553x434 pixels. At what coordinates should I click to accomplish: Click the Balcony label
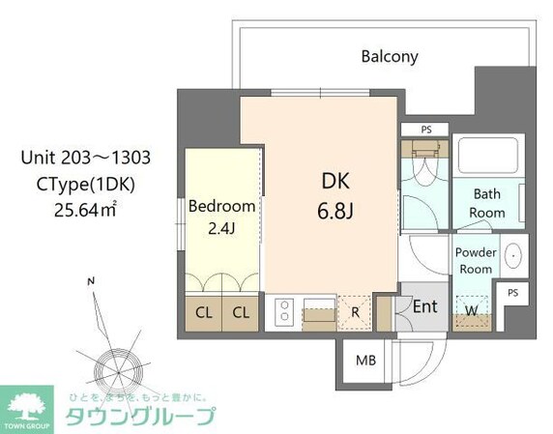click(x=390, y=56)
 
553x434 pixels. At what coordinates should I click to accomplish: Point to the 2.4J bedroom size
click(x=221, y=228)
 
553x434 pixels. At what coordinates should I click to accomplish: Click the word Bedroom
click(x=221, y=206)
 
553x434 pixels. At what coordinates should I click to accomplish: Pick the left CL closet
click(x=204, y=312)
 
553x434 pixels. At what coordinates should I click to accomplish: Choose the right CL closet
click(x=241, y=312)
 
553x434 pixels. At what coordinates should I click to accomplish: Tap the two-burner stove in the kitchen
click(x=286, y=311)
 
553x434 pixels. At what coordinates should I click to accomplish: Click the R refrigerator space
click(x=356, y=311)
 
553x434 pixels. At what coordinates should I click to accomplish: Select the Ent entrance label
click(x=425, y=306)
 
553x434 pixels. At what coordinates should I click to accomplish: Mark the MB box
click(x=365, y=361)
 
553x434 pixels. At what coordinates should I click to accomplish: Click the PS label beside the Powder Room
click(x=512, y=292)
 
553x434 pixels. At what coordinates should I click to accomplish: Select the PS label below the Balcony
click(x=425, y=130)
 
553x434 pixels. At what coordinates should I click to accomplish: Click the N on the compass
click(x=90, y=281)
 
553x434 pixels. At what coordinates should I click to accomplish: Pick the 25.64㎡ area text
click(x=86, y=205)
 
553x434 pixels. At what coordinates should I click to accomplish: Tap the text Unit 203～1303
click(x=86, y=157)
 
